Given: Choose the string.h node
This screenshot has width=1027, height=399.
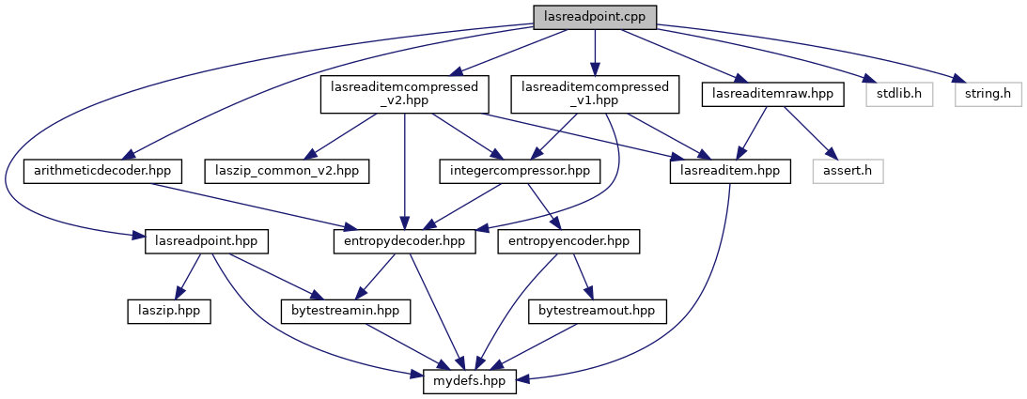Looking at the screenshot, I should coord(988,95).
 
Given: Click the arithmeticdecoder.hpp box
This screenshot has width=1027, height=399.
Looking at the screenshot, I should coord(102,171).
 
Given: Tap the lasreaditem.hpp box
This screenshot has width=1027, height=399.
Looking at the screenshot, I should coord(730,171).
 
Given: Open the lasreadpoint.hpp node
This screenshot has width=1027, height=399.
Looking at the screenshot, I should coord(207,241).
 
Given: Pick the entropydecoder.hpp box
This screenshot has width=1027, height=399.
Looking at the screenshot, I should coord(404,241).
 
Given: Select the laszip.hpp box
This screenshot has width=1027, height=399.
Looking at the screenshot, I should coord(168,309).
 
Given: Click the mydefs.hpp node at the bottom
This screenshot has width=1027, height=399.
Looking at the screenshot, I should coord(471,380).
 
